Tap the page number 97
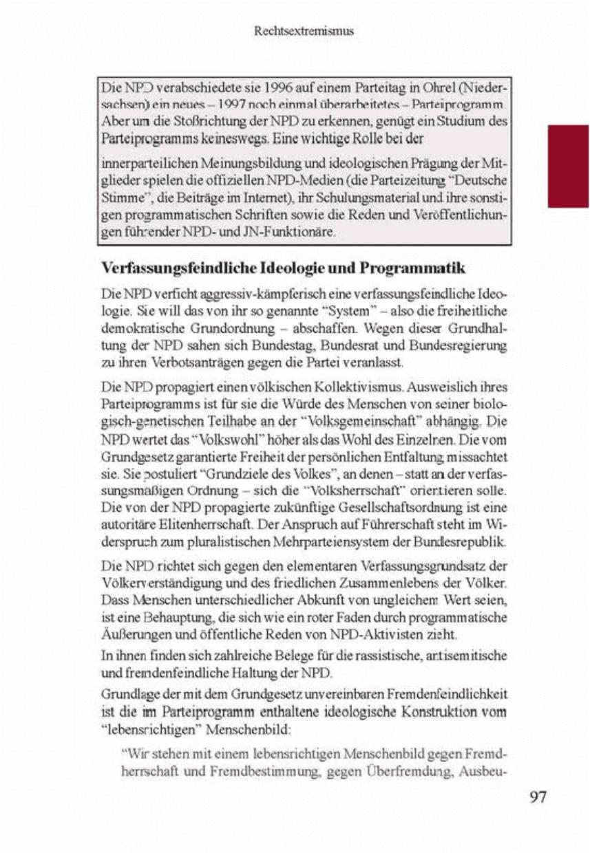pos(538,797)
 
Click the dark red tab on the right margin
pos(568,165)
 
